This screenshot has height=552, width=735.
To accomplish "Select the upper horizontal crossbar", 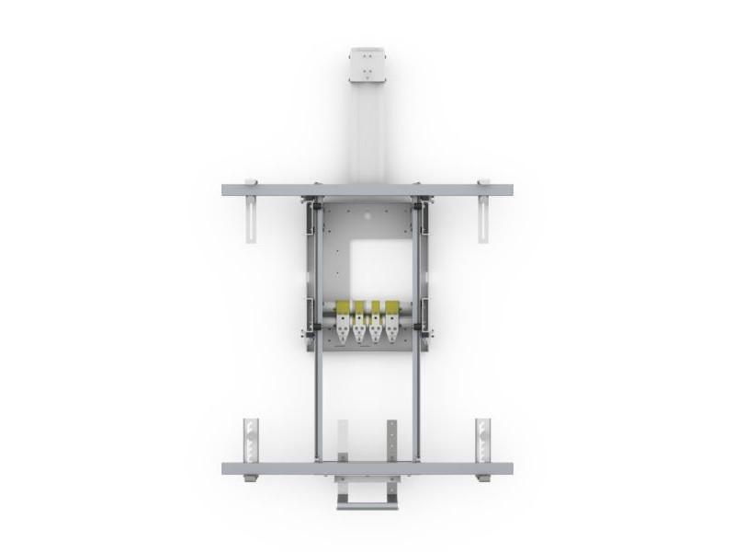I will pyautogui.click(x=367, y=190).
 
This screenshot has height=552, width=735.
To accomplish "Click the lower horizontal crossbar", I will pyautogui.click(x=367, y=468).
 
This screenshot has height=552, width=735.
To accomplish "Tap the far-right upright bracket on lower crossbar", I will pyautogui.click(x=483, y=440).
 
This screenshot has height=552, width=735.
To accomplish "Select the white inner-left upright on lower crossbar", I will pyautogui.click(x=343, y=441).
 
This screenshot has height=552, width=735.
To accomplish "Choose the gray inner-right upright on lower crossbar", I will pyautogui.click(x=392, y=441).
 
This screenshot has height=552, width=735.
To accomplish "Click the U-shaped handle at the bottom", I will pyautogui.click(x=367, y=498).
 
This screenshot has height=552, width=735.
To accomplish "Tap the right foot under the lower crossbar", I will pyautogui.click(x=482, y=478).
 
